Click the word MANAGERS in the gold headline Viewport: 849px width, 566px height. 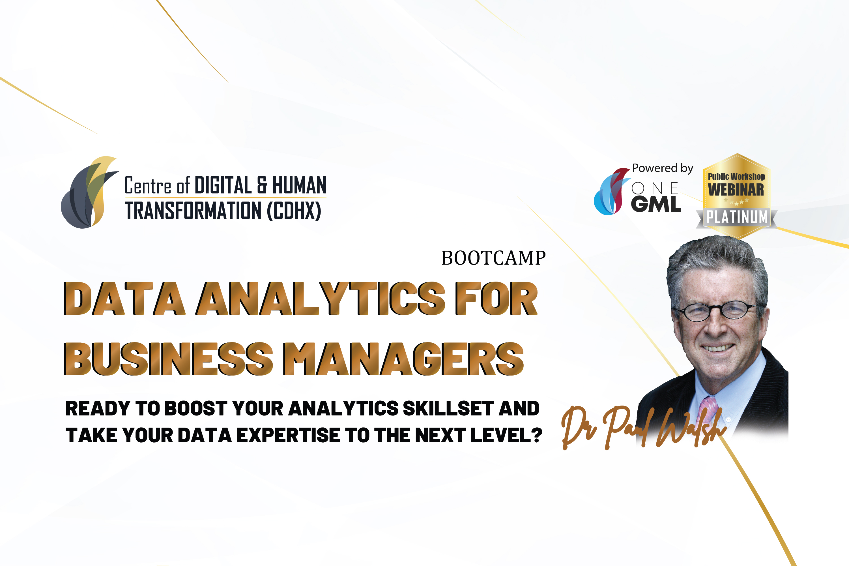pyautogui.click(x=403, y=359)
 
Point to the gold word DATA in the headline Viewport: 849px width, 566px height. pyautogui.click(x=124, y=299)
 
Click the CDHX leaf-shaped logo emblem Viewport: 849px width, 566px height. pyautogui.click(x=89, y=192)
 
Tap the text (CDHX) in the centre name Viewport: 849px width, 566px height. pyautogui.click(x=294, y=211)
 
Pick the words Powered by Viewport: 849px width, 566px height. pyautogui.click(x=663, y=168)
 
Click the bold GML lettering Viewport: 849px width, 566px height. pyautogui.click(x=656, y=204)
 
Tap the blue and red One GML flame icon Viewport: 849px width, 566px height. pyautogui.click(x=611, y=192)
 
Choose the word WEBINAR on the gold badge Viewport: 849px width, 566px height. pyautogui.click(x=736, y=190)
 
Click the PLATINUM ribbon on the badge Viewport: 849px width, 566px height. pyautogui.click(x=736, y=218)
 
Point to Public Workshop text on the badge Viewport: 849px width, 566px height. pyautogui.click(x=736, y=177)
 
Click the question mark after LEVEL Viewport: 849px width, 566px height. pyautogui.click(x=537, y=435)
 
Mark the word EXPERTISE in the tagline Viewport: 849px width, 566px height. pyautogui.click(x=289, y=435)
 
